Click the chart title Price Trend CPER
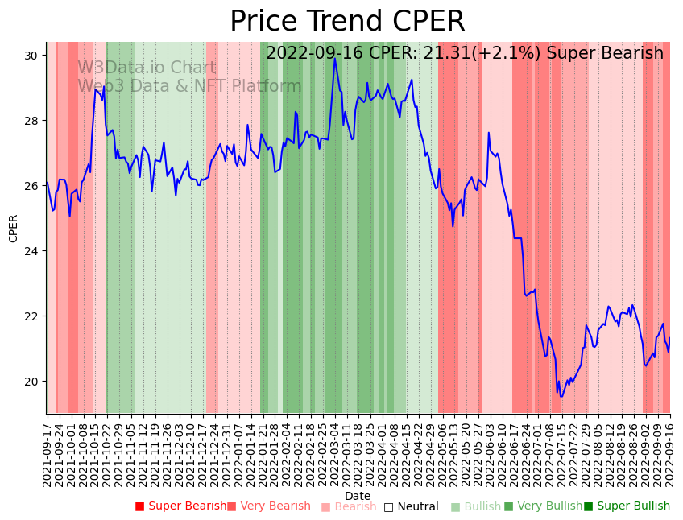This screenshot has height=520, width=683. pyautogui.click(x=347, y=22)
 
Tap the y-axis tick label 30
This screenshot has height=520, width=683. pyautogui.click(x=31, y=56)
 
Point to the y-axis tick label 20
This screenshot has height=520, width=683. pyautogui.click(x=31, y=382)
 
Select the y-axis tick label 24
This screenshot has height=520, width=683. pyautogui.click(x=31, y=251)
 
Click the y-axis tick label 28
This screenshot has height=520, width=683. pyautogui.click(x=31, y=121)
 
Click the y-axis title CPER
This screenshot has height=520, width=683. pyautogui.click(x=14, y=228)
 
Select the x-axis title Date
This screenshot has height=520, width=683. pyautogui.click(x=358, y=496)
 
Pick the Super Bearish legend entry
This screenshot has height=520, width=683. pyautogui.click(x=181, y=506)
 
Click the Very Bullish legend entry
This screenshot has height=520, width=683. pyautogui.click(x=543, y=506)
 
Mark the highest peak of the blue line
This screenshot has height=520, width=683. pyautogui.click(x=335, y=58)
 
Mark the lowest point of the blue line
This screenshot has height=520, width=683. pyautogui.click(x=561, y=396)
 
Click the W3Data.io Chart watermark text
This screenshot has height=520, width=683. pyautogui.click(x=147, y=68)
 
